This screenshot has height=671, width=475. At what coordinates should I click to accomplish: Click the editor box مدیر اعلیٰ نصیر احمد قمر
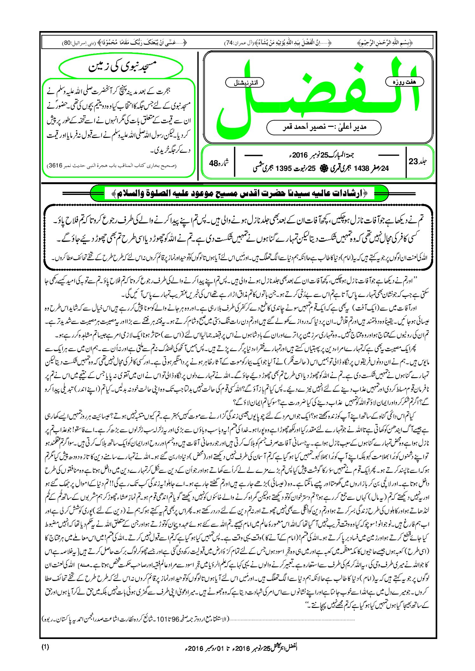324,127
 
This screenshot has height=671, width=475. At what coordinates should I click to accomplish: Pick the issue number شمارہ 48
219,163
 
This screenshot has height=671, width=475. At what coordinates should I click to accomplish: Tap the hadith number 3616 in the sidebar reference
55,166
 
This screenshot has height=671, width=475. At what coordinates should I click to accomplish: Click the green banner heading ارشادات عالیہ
240,193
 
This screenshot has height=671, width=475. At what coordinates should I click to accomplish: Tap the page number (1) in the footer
45,647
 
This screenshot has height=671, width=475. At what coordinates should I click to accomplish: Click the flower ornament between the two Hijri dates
323,168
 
